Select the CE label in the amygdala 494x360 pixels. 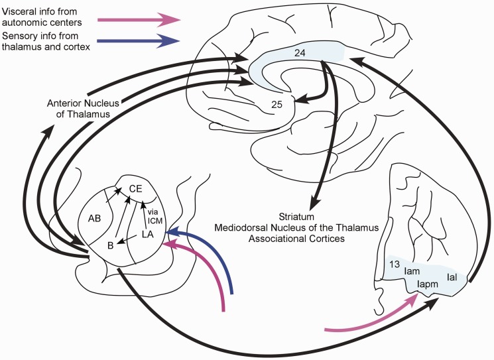(135, 189)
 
